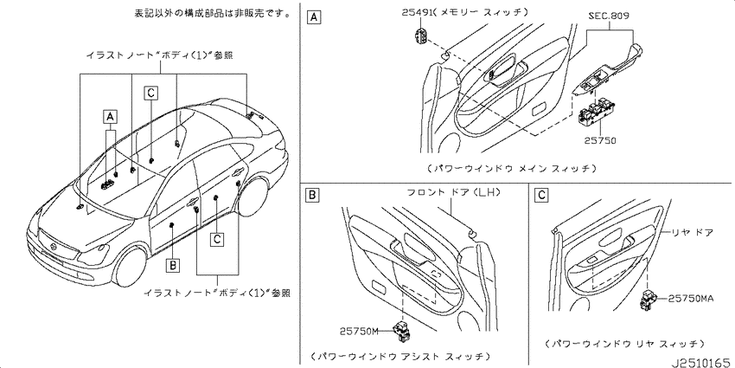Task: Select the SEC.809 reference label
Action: pos(609,16)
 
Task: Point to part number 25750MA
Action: pos(691,298)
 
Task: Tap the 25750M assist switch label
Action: pos(359,332)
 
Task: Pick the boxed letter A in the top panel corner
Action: pos(313,18)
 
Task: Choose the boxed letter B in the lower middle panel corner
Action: pos(313,195)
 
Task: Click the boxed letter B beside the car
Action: pos(173,267)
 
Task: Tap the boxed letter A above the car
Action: pos(110,115)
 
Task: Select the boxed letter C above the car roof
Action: pos(150,94)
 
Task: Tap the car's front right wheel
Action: pos(131,266)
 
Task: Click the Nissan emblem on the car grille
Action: pos(54,248)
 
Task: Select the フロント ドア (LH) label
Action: pos(454,193)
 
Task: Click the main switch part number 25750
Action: pos(600,140)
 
